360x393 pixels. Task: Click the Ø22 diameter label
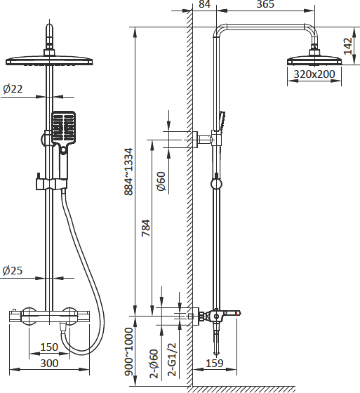(x=13, y=88)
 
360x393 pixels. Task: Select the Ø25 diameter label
(x=13, y=270)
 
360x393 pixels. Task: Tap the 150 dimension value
(x=49, y=347)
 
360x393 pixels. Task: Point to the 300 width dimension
(x=49, y=364)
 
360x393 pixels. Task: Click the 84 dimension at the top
(x=205, y=4)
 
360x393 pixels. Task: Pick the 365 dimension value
(x=265, y=4)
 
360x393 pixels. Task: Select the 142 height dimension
(x=347, y=46)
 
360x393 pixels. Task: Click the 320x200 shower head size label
(x=314, y=74)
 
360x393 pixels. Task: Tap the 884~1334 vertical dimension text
(x=128, y=172)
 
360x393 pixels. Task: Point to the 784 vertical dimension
(x=146, y=228)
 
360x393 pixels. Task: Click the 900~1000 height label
(x=128, y=352)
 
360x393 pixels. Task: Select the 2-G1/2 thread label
(x=172, y=359)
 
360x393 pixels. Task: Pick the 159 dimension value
(x=215, y=364)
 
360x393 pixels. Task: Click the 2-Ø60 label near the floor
(x=154, y=364)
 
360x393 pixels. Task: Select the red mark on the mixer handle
(x=236, y=313)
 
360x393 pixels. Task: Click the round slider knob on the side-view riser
(x=216, y=184)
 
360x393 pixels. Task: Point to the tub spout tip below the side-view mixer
(x=216, y=354)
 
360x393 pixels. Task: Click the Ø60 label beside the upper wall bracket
(x=161, y=181)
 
